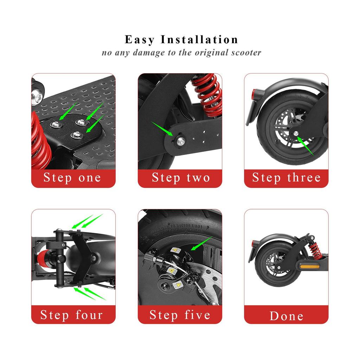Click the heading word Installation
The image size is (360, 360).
click(x=199, y=39)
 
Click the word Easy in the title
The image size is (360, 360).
click(x=140, y=40)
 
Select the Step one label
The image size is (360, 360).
click(x=72, y=178)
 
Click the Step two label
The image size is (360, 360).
click(x=181, y=178)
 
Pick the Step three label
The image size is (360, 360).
click(x=286, y=178)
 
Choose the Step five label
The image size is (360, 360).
click(x=180, y=315)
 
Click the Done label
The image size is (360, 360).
click(x=286, y=316)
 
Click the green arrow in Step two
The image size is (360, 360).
click(x=162, y=129)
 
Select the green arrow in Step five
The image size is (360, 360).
click(x=201, y=243)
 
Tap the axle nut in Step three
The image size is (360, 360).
click(x=296, y=134)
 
